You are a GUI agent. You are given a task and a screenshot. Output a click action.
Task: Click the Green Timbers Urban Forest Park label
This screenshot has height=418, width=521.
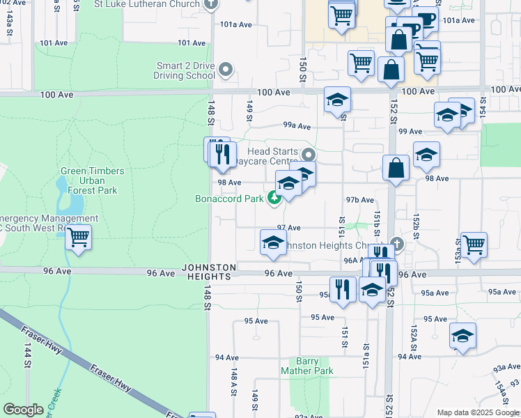(93, 180)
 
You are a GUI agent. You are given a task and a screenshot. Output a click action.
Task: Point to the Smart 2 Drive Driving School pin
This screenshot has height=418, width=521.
(225, 70)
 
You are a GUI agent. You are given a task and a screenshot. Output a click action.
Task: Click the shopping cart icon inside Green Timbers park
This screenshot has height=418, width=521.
(79, 238)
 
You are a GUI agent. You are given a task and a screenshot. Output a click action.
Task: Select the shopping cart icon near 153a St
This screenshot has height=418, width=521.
(474, 245)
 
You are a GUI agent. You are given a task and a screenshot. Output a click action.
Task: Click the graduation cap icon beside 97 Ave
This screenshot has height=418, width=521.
(273, 242)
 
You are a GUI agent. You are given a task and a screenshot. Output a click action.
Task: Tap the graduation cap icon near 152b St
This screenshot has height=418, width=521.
(426, 155)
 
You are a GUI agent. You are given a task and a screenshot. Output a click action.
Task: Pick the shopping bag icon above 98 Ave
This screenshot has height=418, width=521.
(396, 168)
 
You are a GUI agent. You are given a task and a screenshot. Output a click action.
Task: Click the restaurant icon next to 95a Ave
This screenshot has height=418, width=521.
(342, 289)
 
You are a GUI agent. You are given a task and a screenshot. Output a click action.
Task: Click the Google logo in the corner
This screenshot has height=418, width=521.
(23, 410)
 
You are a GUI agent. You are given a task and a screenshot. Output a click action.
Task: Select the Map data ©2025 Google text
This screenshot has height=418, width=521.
(478, 412)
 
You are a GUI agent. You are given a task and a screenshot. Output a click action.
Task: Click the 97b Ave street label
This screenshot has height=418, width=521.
(360, 200)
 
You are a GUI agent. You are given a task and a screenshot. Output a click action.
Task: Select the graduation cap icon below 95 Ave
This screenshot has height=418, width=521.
(462, 336)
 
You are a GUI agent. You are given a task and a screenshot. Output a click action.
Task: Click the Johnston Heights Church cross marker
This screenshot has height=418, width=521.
(396, 244)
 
